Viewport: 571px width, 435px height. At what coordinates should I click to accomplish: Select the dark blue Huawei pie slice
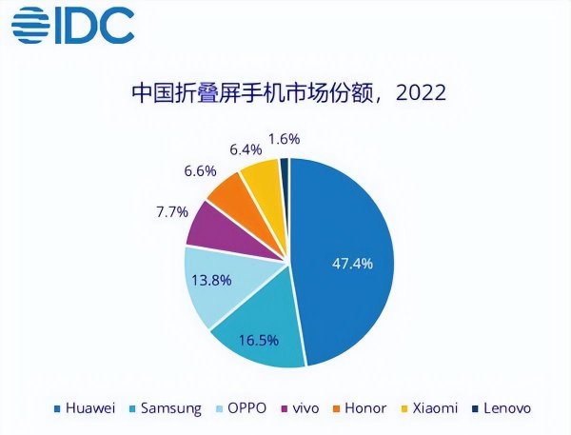352,238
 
